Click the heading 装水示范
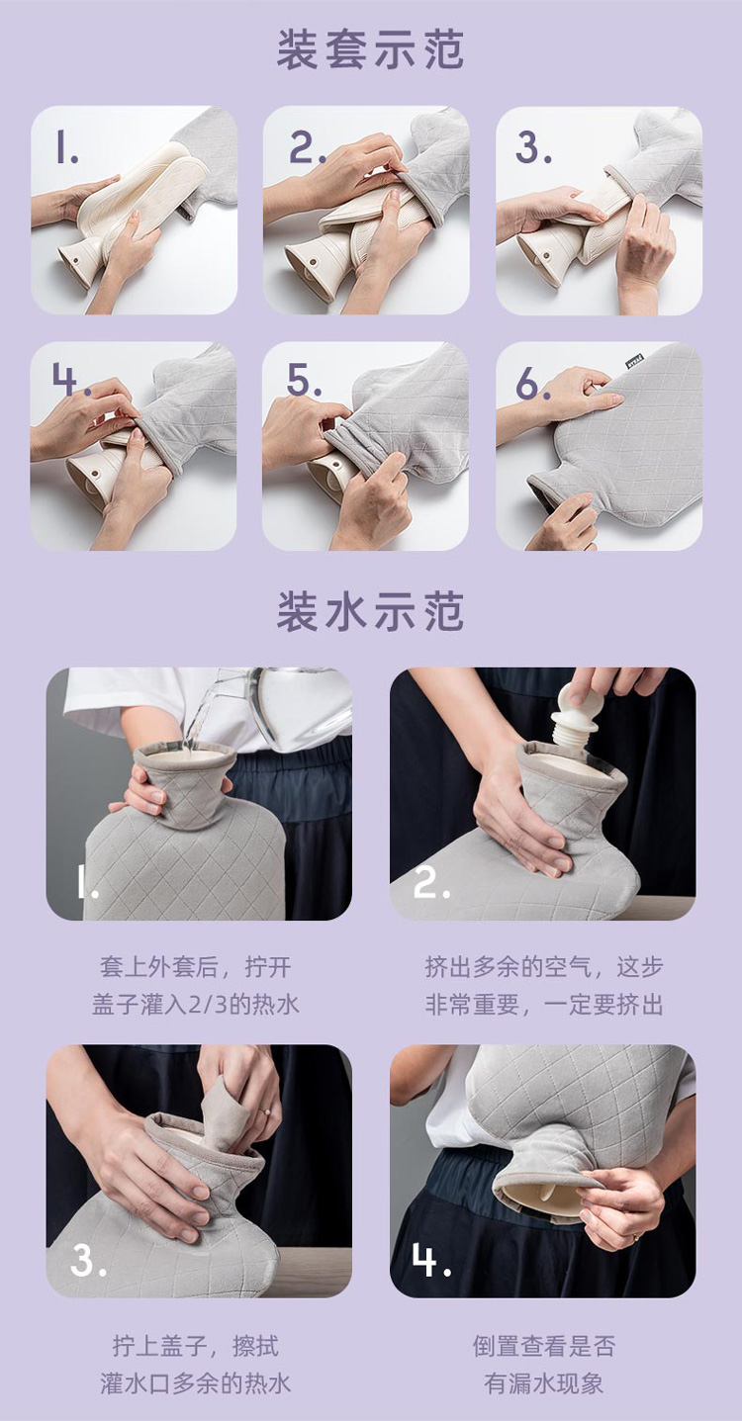pos(371,612)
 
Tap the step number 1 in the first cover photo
pos(66,147)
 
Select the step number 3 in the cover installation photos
pos(532,147)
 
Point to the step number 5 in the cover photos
pos(304,381)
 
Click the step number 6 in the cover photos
pos(532,383)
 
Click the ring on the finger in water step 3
pos(264,1109)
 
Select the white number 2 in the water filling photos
pos(431,883)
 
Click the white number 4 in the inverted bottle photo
pos(431,1259)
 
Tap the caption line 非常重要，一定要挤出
pos(544,1005)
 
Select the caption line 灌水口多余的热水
pos(196,1383)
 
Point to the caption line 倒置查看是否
pos(544,1346)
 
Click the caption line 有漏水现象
pos(544,1383)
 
